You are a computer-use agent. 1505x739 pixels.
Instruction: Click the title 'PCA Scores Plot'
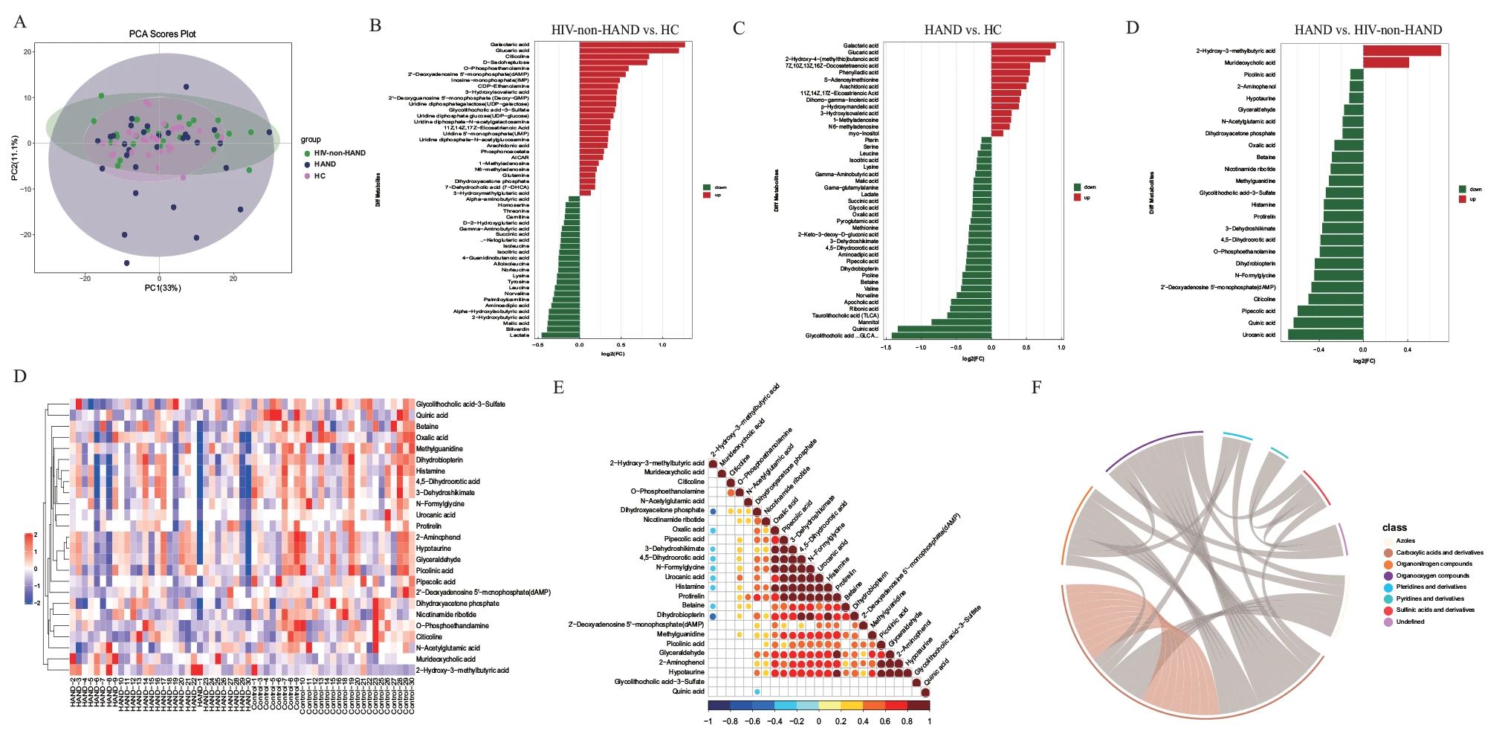[162, 34]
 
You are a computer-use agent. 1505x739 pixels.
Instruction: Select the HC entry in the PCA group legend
[320, 176]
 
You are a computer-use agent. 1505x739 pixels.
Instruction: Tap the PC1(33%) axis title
[163, 288]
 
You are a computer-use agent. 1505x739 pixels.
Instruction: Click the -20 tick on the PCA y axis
[27, 235]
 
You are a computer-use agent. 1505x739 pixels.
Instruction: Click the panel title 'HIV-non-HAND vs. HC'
[615, 30]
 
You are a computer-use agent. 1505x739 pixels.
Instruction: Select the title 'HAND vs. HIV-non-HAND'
[1368, 30]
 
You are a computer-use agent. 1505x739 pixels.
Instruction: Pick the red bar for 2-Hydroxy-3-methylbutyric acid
[1401, 51]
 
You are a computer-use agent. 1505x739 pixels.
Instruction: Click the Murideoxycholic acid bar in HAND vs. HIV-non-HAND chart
[1385, 62]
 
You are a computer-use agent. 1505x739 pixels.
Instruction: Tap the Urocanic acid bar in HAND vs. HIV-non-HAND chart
[1326, 335]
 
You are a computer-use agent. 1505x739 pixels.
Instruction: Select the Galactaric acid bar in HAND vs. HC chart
[1023, 45]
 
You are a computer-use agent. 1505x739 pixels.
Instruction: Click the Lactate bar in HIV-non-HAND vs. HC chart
[560, 335]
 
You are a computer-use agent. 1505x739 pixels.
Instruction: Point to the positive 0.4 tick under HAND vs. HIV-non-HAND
[1407, 349]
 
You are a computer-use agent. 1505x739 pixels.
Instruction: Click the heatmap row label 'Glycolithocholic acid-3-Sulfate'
[460, 404]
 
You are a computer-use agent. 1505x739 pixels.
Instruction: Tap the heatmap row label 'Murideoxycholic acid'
[445, 659]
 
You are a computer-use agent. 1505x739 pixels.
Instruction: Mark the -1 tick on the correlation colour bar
[708, 721]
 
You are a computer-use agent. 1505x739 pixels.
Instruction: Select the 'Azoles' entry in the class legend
[1405, 540]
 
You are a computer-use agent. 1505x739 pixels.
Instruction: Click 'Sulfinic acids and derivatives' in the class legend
[1435, 610]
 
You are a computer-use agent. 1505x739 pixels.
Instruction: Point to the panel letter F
[1036, 387]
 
